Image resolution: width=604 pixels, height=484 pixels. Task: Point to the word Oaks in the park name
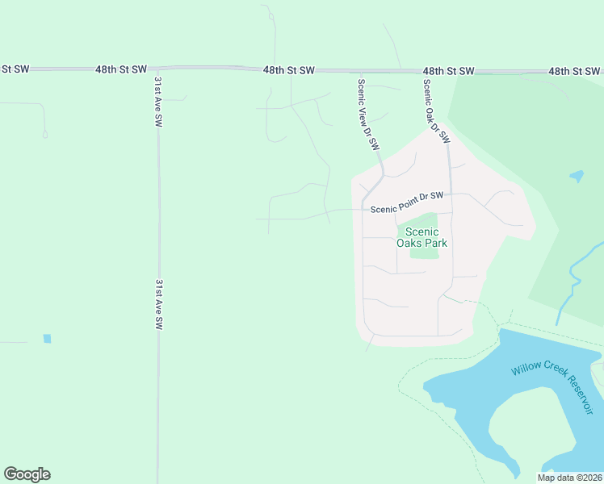pyautogui.click(x=409, y=242)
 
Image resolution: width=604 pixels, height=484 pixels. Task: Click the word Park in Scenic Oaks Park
pyautogui.click(x=436, y=242)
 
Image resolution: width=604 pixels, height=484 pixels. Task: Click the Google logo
pyautogui.click(x=27, y=474)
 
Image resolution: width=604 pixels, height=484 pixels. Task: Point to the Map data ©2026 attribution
pyautogui.click(x=569, y=478)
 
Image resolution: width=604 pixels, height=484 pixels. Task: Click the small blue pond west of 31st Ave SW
pyautogui.click(x=47, y=339)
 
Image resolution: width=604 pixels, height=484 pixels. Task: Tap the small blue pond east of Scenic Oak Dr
pyautogui.click(x=577, y=175)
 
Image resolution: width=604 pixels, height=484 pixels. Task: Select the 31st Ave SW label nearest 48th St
pyautogui.click(x=157, y=101)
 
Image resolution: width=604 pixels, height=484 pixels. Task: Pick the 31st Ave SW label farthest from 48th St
pyautogui.click(x=159, y=305)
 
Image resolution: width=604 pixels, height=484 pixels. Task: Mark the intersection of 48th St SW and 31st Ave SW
pyautogui.click(x=155, y=69)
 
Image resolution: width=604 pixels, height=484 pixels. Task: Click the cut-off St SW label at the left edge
pyautogui.click(x=15, y=69)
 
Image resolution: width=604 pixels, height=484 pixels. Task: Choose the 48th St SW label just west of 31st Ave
pyautogui.click(x=121, y=70)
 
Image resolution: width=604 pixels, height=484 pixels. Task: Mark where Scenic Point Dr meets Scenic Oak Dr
pyautogui.click(x=451, y=194)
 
